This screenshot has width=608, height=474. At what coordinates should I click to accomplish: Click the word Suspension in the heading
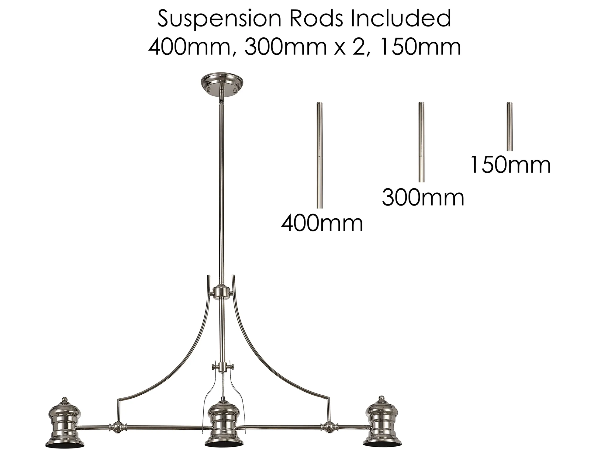(x=219, y=19)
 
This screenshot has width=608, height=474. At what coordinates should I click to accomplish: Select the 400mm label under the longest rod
(x=322, y=224)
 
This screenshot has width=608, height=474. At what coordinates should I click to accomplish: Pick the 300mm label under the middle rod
(x=423, y=198)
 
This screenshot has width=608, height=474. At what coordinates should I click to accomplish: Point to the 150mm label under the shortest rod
(x=510, y=165)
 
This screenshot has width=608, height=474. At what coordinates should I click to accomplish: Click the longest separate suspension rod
(x=320, y=155)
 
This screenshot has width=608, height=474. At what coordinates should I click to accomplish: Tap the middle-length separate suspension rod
(x=421, y=142)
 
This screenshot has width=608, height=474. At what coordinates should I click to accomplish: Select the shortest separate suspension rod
(x=510, y=126)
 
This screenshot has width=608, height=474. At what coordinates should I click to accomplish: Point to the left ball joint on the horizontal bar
(x=118, y=427)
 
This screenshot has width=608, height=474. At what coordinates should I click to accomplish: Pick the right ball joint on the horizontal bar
(x=329, y=427)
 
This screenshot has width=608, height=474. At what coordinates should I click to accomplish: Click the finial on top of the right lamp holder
(x=382, y=399)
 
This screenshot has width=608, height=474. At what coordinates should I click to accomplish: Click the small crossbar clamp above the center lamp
(x=223, y=367)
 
